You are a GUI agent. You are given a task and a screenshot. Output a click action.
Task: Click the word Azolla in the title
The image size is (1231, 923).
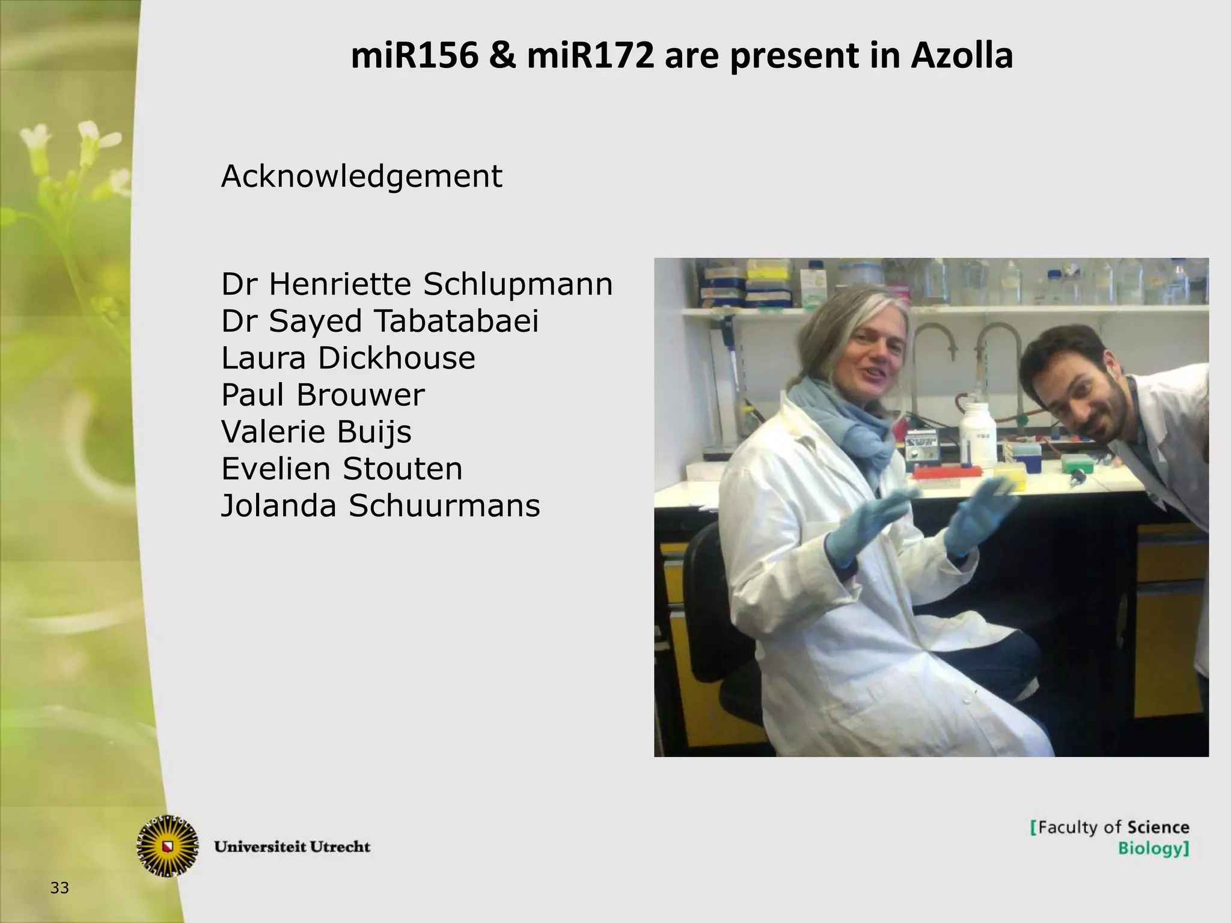(962, 57)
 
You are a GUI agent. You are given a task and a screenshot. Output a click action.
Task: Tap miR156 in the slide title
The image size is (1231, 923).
(414, 57)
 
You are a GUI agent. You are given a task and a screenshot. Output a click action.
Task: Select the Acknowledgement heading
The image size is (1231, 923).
(361, 177)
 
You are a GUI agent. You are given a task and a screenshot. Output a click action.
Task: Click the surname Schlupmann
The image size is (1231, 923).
(518, 284)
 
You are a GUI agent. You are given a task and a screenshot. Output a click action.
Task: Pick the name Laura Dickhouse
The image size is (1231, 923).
(348, 358)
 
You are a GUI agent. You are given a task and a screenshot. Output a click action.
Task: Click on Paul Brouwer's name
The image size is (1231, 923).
(323, 395)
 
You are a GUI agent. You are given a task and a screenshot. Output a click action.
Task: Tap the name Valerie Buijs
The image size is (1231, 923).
(316, 431)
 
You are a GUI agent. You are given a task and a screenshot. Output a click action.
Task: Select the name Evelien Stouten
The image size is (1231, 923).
(342, 469)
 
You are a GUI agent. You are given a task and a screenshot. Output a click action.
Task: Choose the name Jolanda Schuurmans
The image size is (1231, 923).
(380, 505)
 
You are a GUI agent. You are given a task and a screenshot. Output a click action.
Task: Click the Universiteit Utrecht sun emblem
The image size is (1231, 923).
(168, 845)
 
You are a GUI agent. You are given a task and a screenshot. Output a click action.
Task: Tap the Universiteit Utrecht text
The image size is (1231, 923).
(292, 847)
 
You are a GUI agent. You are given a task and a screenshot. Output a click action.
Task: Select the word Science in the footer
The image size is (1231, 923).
(1157, 827)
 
